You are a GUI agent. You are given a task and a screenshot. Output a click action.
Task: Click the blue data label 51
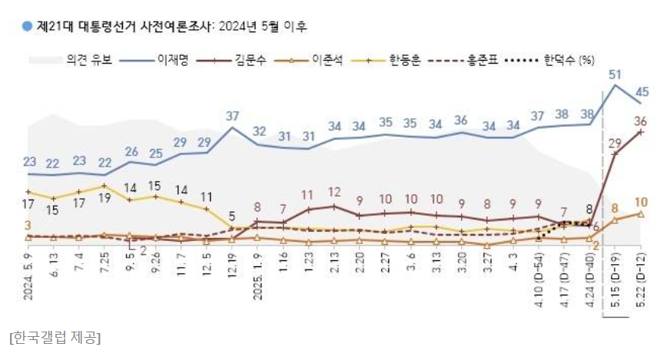pyautogui.click(x=614, y=74)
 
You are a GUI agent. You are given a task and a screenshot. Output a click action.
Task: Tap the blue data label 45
pyautogui.click(x=642, y=92)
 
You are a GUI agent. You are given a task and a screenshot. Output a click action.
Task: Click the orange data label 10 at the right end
pyautogui.click(x=642, y=203)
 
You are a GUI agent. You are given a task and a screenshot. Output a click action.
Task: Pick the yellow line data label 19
pyautogui.click(x=104, y=198)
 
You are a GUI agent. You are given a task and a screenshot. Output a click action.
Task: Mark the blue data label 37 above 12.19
pyautogui.click(x=233, y=116)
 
